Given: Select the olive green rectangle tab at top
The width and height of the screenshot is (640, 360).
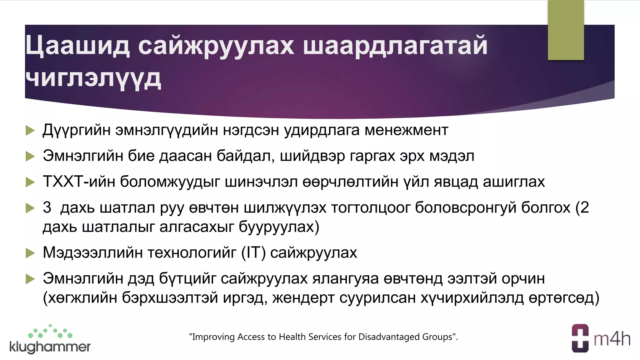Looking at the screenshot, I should tap(566, 30).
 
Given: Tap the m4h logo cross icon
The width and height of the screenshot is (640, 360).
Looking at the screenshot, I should tap(580, 338).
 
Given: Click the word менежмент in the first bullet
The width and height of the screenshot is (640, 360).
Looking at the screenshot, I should tap(406, 130).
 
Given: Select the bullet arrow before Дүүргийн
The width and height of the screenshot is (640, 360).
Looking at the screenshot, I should tap(30, 130).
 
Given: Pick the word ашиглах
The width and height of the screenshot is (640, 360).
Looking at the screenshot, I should tap(514, 182).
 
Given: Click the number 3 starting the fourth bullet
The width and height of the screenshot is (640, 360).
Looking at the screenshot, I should tap(47, 207).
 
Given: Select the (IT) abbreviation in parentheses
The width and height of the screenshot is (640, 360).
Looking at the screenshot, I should tap(253, 252).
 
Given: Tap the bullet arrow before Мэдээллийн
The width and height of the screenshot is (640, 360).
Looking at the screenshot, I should tap(30, 253).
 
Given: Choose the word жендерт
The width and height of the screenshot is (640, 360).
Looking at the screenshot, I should tap(303, 298).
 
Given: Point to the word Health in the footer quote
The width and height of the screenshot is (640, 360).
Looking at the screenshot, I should tap(292, 337).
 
